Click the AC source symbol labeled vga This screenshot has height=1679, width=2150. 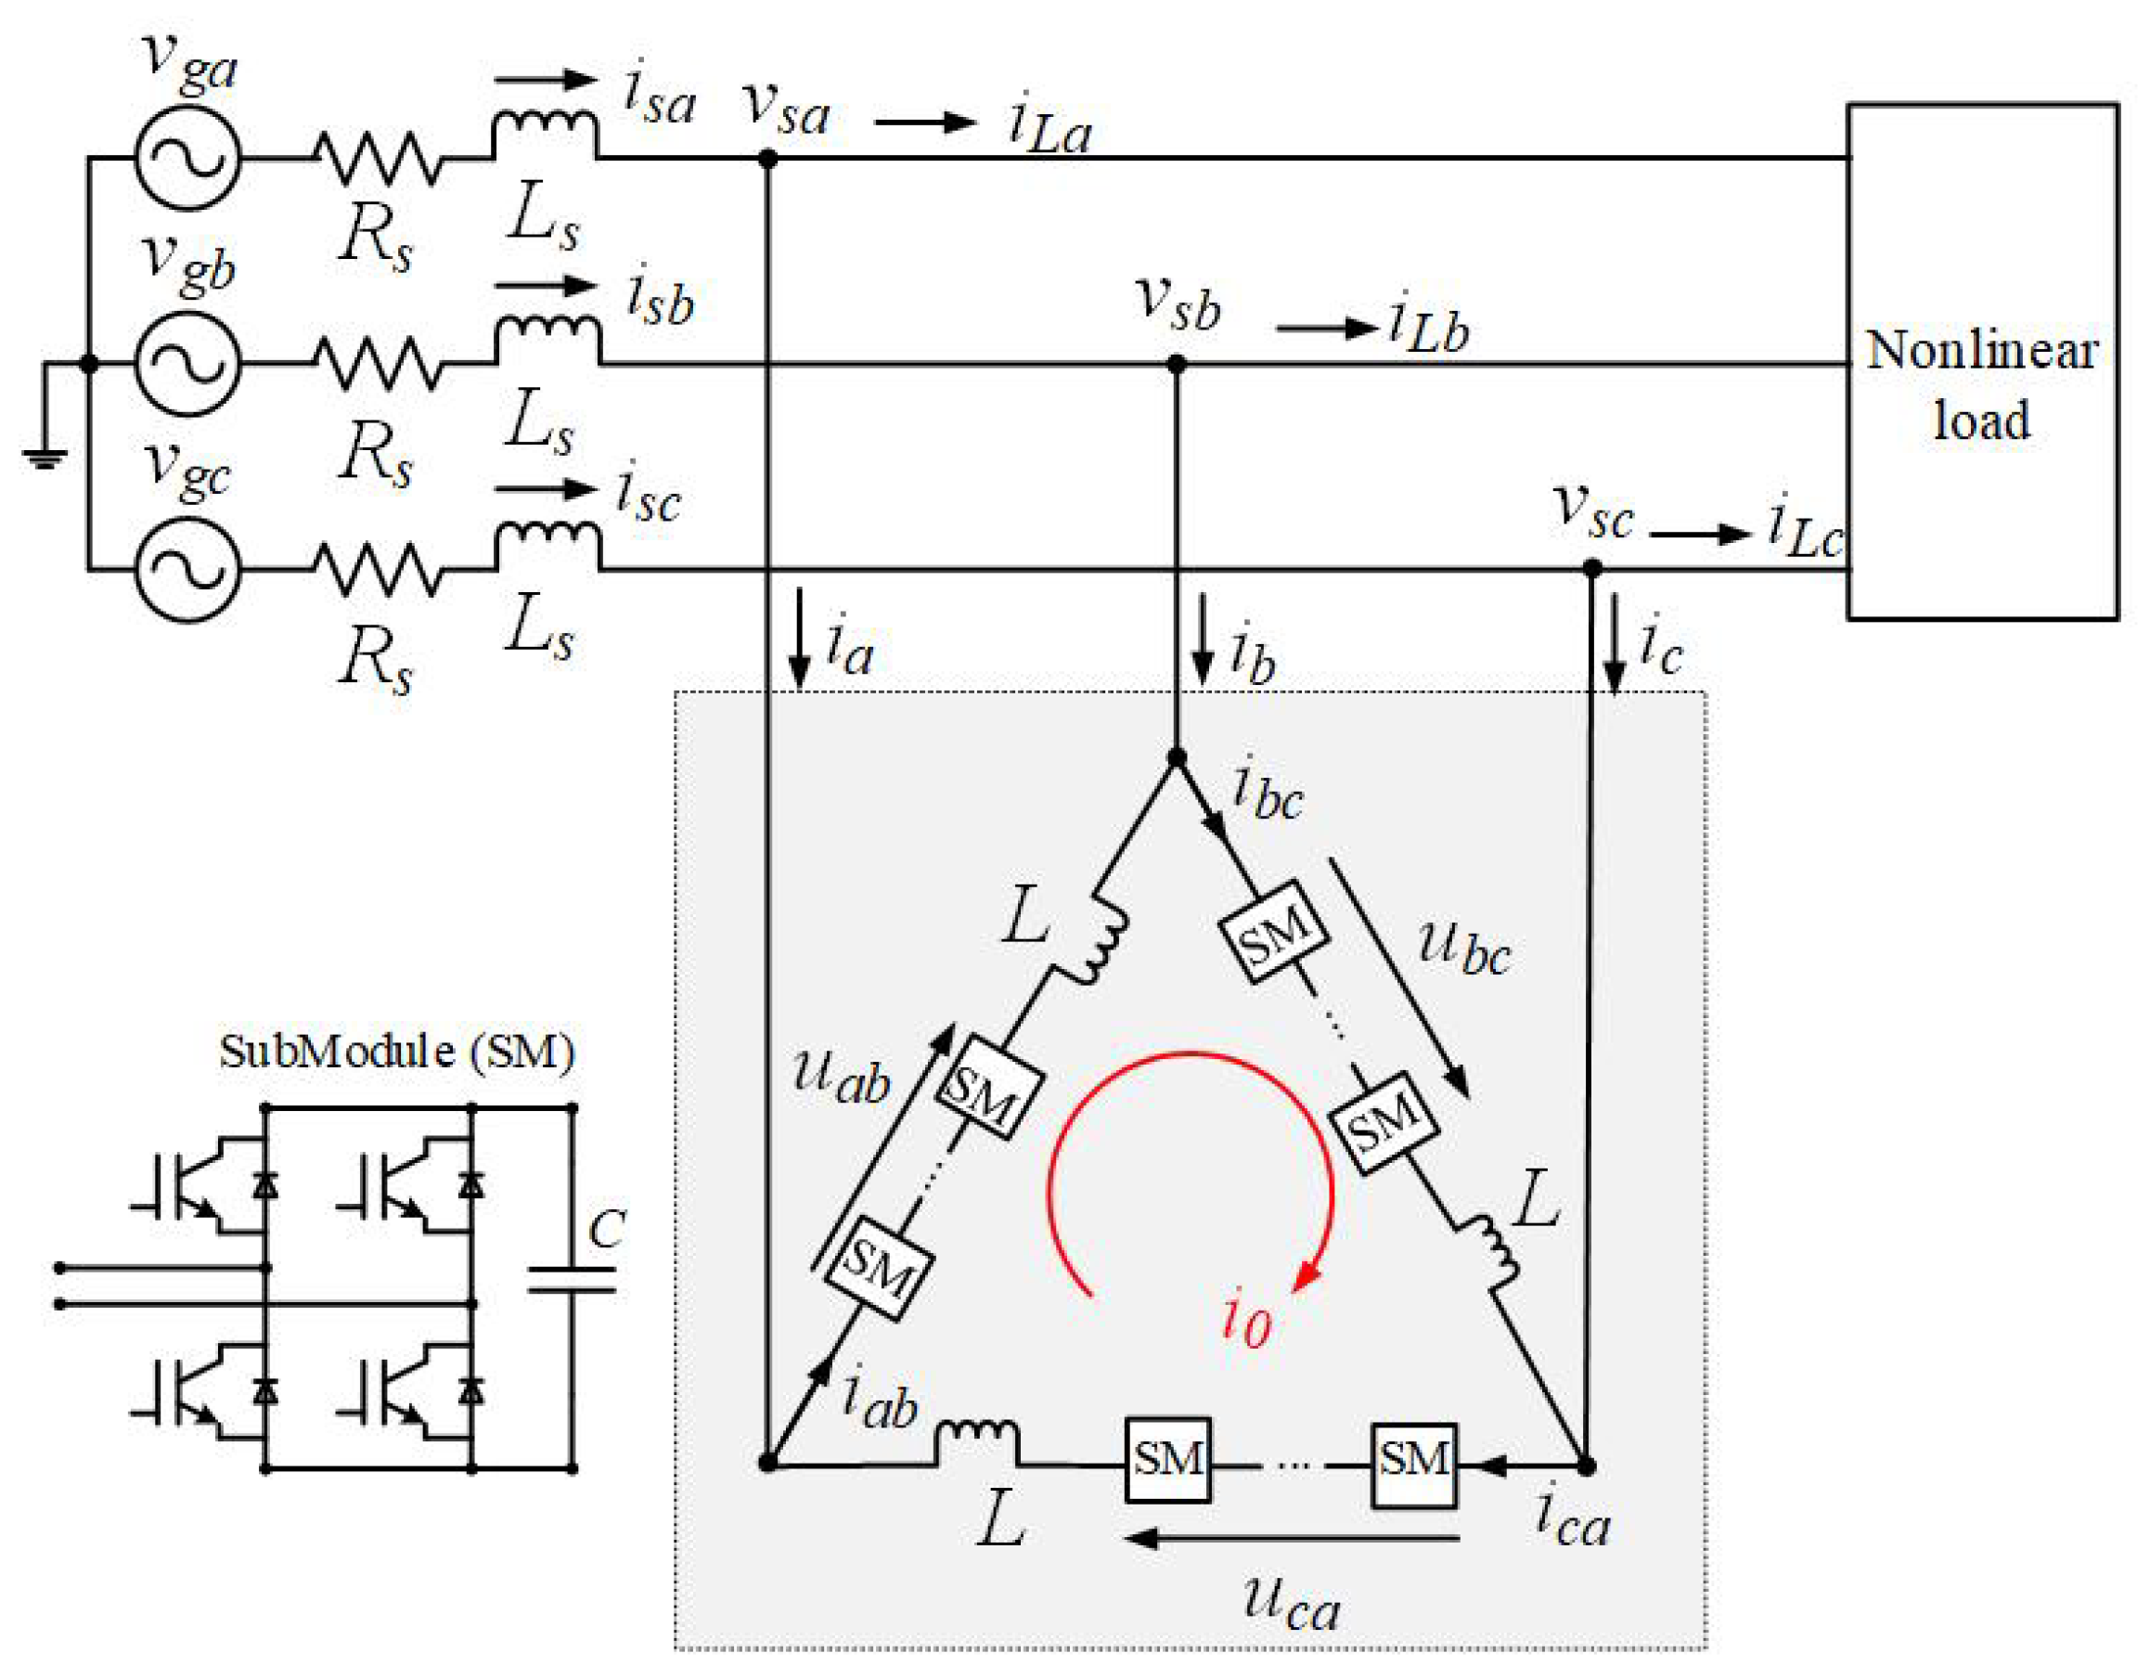click(187, 158)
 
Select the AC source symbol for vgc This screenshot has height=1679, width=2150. click(187, 570)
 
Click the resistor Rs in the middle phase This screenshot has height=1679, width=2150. click(378, 364)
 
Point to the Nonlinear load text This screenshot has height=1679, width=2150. click(1981, 384)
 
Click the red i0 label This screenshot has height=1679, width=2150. click(1246, 1321)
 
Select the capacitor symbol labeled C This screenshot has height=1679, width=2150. click(572, 1279)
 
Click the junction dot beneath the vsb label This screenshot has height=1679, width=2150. click(1176, 365)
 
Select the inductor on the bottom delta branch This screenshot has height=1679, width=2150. click(976, 1441)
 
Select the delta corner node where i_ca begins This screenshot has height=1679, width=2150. click(1586, 1466)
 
